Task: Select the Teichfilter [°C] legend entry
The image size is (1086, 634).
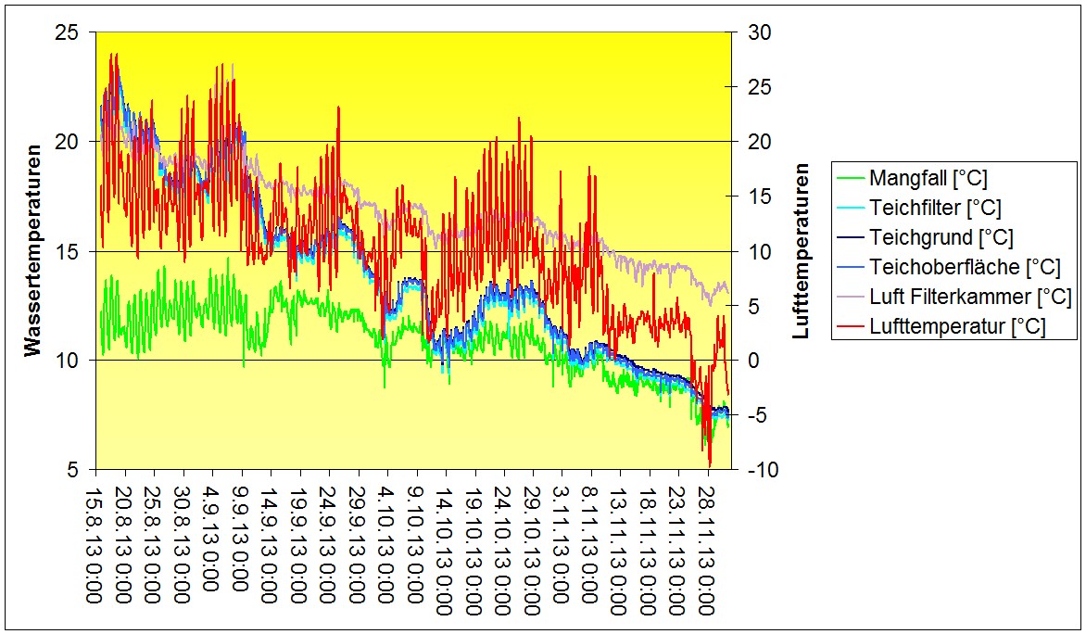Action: (x=935, y=209)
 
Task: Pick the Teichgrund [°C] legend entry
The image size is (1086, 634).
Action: (x=941, y=238)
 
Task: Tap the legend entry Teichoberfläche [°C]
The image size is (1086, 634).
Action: (x=964, y=268)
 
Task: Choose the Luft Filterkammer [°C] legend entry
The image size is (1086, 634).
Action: (x=970, y=298)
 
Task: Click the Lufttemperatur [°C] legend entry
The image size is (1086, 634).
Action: (x=957, y=327)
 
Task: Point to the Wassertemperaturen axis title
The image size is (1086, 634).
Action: (x=33, y=250)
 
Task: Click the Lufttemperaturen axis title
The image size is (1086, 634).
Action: (x=802, y=250)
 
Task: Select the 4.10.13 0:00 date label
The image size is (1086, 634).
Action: (x=386, y=547)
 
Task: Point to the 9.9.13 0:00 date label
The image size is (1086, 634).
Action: (x=241, y=547)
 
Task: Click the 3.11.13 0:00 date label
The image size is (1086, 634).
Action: (x=561, y=547)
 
